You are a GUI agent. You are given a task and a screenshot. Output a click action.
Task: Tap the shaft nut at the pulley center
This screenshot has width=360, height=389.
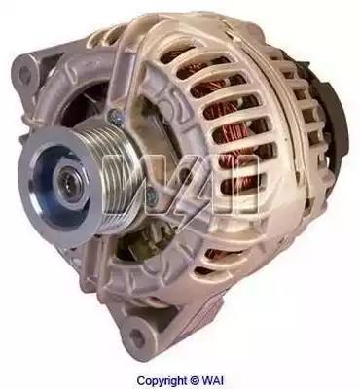[x=69, y=184]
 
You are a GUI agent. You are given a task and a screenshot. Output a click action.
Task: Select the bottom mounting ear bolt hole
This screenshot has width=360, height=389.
[x=138, y=337]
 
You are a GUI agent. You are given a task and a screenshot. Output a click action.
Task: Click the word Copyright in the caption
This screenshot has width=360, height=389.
[x=162, y=380]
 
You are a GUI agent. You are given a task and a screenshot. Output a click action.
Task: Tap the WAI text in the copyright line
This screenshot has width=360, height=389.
[x=213, y=380]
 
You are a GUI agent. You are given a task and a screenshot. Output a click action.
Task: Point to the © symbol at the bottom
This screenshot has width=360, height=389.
[x=195, y=380]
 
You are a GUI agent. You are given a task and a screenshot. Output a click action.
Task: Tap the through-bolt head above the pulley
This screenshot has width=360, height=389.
[x=116, y=116]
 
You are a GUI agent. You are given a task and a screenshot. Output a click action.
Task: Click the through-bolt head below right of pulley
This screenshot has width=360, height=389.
[x=152, y=196]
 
